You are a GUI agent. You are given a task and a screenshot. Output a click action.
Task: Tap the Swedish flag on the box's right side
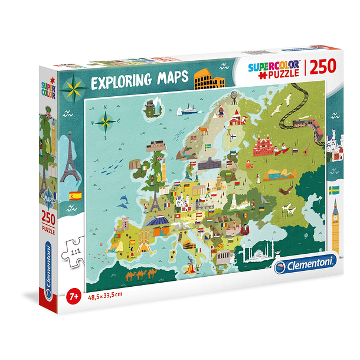click(333, 189)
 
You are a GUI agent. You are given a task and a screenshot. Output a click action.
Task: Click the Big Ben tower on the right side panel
click(335, 224)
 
